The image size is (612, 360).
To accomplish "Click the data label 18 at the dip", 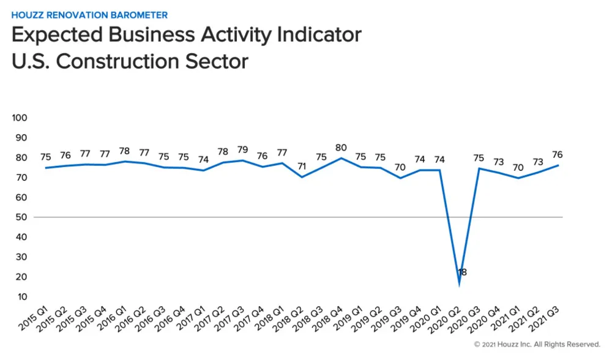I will coord(463,272).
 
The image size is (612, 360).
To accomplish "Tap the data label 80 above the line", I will coord(341,148).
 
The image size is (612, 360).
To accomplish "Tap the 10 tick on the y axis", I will coord(23,297).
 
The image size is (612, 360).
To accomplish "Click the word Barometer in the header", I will coord(139,14).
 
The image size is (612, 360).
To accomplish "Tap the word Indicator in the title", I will coord(308,35).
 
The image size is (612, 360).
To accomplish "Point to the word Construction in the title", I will coord(117,61).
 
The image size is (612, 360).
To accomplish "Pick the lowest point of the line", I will coord(459,283).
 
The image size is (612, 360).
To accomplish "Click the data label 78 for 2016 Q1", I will coord(124,151).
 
